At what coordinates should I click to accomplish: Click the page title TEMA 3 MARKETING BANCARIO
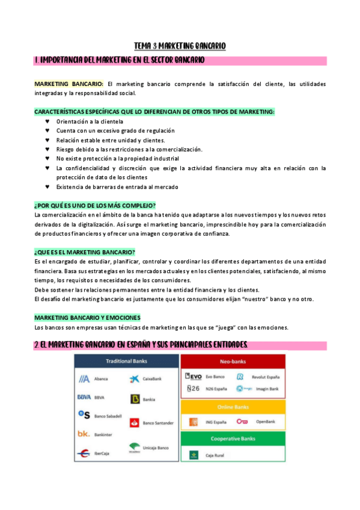tap(180, 46)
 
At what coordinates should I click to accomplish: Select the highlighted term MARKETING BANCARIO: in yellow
tap(69, 84)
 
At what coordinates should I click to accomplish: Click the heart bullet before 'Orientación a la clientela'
tap(47, 121)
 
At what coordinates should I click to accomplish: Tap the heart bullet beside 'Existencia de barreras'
tap(47, 186)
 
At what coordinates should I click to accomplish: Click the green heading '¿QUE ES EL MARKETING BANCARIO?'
tap(85, 251)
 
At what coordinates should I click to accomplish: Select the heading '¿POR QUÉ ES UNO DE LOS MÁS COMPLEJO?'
tap(95, 205)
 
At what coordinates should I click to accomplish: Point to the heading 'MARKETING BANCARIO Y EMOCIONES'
tap(87, 317)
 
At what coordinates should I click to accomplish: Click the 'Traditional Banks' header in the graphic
tap(127, 361)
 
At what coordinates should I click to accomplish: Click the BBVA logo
tap(84, 397)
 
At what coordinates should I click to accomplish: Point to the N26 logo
tap(194, 389)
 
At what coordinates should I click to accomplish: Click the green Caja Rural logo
tap(194, 455)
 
